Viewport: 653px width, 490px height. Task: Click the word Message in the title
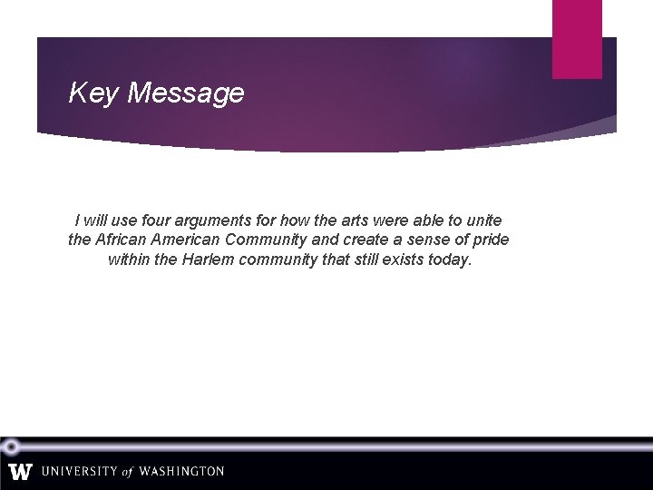[x=186, y=93]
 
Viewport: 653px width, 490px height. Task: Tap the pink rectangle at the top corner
[x=577, y=38]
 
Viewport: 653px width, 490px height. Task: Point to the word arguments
[x=221, y=220]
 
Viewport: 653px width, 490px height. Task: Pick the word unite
[x=482, y=220]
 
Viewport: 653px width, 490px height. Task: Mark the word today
[x=450, y=260]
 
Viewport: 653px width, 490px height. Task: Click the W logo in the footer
[x=21, y=472]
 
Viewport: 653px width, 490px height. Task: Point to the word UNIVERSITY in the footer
[x=80, y=472]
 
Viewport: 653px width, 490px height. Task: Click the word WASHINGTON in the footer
[x=181, y=472]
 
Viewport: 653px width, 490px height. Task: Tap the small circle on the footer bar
[x=11, y=446]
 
